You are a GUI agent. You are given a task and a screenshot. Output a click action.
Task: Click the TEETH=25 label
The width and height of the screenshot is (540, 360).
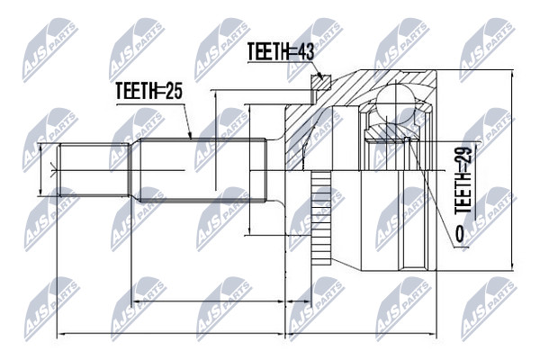148,91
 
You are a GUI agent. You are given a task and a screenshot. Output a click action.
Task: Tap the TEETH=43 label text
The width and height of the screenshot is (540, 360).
281,52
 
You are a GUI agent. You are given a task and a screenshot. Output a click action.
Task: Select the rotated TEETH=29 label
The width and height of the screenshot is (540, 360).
463,181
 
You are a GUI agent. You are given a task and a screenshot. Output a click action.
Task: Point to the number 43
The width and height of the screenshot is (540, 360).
304,52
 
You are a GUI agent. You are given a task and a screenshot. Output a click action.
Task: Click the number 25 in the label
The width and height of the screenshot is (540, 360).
173,91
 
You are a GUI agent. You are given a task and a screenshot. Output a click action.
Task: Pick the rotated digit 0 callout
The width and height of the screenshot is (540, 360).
459,234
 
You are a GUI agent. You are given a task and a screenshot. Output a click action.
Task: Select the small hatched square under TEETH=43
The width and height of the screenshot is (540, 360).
320,83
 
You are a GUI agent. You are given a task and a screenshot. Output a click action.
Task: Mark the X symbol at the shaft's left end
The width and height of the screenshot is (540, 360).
53,170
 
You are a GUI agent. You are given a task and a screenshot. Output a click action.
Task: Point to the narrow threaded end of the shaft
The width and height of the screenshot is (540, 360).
94,170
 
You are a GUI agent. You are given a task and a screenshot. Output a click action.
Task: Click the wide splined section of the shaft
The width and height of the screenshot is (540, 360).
202,170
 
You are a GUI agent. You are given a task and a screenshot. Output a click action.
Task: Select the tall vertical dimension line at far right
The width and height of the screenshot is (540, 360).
513,170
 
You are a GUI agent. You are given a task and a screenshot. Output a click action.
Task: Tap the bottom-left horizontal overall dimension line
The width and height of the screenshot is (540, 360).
171,334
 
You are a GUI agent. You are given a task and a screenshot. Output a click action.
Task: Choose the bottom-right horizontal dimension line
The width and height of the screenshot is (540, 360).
361,334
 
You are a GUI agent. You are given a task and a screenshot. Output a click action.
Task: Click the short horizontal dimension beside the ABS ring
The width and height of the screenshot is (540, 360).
298,301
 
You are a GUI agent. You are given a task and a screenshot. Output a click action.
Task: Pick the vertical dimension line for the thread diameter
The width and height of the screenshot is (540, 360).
40,170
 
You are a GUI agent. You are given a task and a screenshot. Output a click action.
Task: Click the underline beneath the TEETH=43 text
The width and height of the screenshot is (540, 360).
280,63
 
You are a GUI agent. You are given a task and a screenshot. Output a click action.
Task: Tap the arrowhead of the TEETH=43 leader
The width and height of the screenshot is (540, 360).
320,76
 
